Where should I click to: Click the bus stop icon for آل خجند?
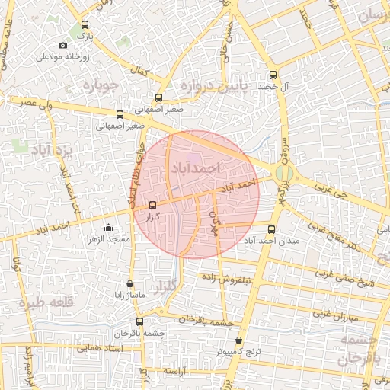tap(273, 75)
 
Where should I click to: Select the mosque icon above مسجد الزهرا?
tap(108, 227)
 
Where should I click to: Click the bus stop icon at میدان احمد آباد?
tap(273, 228)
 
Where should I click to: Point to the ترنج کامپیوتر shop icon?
tap(239, 340)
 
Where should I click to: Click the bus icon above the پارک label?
tap(85, 24)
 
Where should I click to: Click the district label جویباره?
tap(98, 84)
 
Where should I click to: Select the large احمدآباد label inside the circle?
tap(196, 167)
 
